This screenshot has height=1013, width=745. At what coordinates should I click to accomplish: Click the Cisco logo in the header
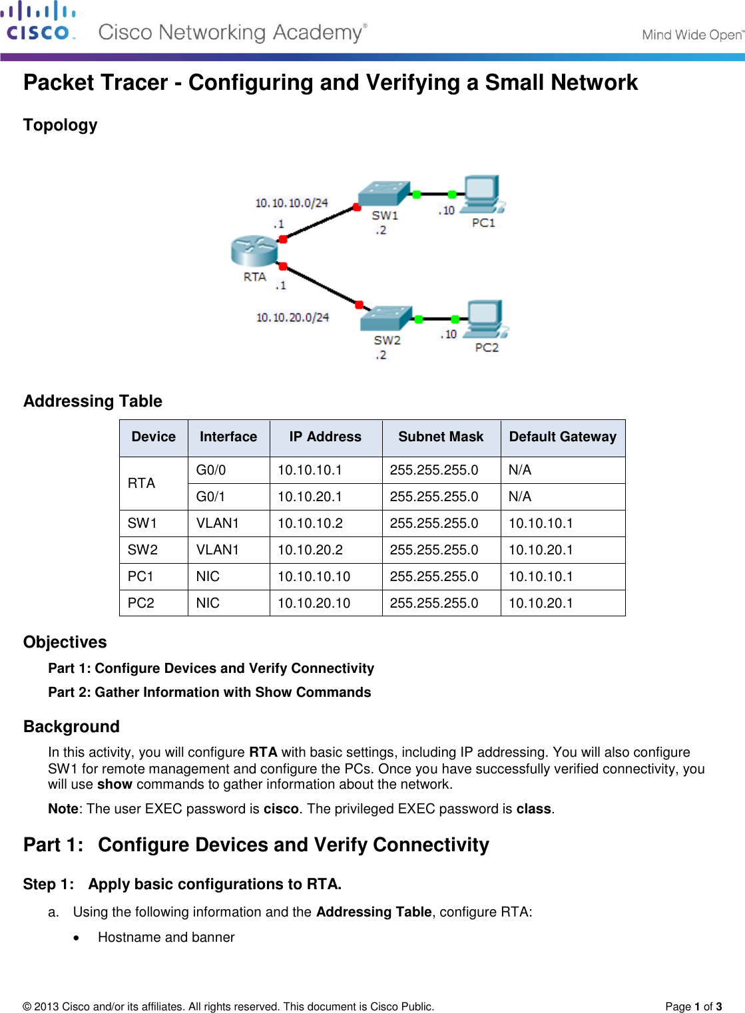[x=38, y=21]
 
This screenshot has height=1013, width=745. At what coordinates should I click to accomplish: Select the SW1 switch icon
[x=383, y=193]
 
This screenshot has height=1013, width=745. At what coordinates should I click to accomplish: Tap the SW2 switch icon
[x=386, y=317]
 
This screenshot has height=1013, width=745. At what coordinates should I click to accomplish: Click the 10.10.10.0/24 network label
[x=292, y=203]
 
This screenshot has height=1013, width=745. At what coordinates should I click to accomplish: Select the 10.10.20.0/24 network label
[x=293, y=317]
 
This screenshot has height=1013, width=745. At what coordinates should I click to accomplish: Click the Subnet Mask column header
[x=441, y=437]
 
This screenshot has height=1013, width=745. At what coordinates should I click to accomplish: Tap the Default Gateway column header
[x=563, y=437]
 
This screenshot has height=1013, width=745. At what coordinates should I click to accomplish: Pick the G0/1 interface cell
[x=211, y=497]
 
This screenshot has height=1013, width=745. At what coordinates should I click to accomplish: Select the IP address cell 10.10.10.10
[x=314, y=576]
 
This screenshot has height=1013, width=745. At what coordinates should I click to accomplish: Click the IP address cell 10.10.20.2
[x=310, y=550]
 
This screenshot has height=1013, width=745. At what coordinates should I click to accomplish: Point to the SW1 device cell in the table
[x=142, y=523]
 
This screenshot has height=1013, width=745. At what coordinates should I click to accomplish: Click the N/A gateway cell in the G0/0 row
[x=520, y=470]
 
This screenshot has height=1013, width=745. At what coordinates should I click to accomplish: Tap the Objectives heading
[x=65, y=642]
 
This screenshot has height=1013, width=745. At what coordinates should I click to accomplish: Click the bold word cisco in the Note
[x=281, y=809]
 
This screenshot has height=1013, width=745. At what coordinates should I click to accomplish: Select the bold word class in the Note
[x=533, y=809]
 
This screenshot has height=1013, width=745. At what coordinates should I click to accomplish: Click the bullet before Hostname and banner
[x=78, y=938]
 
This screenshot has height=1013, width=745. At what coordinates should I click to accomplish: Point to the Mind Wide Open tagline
[x=692, y=35]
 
